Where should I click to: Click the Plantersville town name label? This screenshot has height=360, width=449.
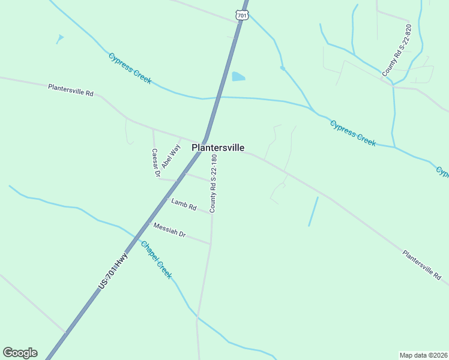[217, 148]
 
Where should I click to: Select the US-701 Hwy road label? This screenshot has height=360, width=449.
[114, 272]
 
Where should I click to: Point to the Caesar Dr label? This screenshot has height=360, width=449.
[155, 163]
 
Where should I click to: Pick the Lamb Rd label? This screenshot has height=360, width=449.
[184, 205]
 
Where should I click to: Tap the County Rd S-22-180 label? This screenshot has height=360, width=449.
[213, 184]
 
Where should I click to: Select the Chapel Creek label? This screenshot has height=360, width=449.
[156, 260]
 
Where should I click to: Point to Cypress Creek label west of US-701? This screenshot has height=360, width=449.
[130, 68]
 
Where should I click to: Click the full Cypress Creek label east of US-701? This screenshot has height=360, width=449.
[352, 133]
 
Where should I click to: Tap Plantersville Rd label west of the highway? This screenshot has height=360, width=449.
[71, 90]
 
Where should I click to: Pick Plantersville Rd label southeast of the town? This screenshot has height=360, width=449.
[421, 266]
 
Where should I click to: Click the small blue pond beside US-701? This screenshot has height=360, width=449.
[238, 77]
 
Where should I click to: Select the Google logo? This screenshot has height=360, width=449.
[20, 353]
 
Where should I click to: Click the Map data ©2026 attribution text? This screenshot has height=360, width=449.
[423, 355]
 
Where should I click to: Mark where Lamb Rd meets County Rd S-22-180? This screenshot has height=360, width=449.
[211, 213]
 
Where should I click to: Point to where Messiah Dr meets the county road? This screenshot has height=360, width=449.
[211, 244]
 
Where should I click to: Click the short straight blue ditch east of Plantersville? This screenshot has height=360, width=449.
[313, 212]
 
